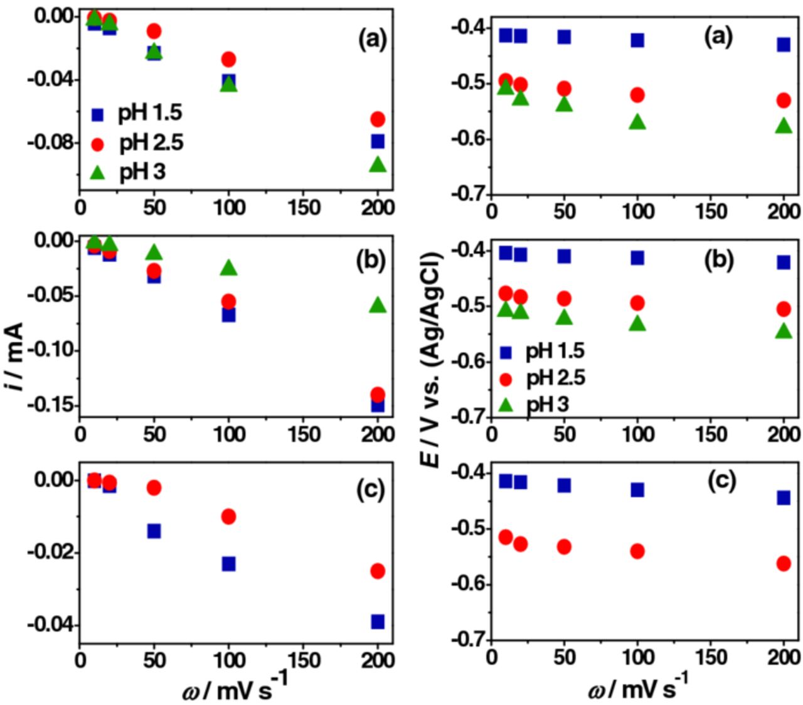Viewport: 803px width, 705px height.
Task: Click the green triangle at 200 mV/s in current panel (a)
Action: coord(378,164)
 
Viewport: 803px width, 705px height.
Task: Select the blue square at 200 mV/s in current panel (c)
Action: coord(378,622)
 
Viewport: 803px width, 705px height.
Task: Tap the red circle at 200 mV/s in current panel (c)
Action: coord(378,571)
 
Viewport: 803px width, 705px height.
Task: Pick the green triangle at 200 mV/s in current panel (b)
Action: coord(378,305)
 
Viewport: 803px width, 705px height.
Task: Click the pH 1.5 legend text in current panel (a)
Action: coord(150,113)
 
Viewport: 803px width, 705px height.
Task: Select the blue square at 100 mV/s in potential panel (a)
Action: coord(637,40)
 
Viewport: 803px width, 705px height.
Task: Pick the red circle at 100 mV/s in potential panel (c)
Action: coord(637,551)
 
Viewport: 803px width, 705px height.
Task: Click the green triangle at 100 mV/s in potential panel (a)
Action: coord(637,122)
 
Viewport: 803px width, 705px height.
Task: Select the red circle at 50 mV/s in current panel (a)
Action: coord(154,31)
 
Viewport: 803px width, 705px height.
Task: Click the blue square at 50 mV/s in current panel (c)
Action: coord(154,531)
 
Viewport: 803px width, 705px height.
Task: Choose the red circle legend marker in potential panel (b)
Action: coord(506,379)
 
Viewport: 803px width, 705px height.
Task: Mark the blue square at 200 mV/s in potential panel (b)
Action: coord(784,262)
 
